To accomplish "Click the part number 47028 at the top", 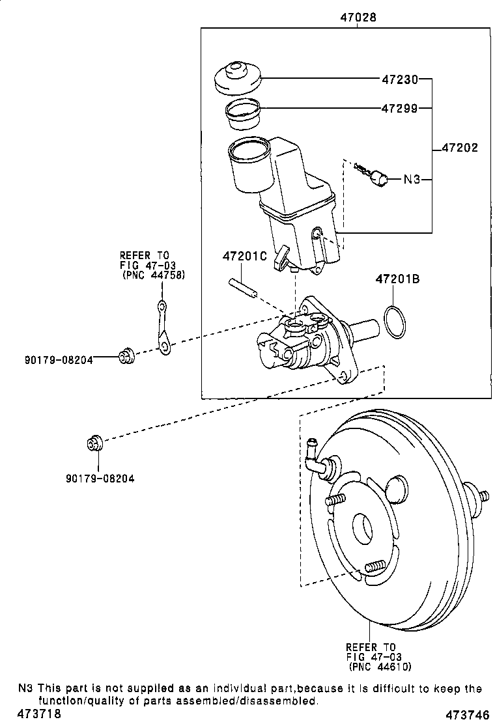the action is coord(358,17).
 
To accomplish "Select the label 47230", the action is coord(399,79).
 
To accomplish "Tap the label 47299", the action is coord(399,109).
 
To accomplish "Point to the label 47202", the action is coord(460,148).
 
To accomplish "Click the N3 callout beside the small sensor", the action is coord(412,179).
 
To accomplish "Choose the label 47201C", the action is coord(245,256).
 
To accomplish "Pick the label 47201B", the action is coord(397,279).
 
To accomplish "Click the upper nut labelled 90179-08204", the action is coord(126,355).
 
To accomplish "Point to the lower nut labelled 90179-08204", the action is coord(94,443).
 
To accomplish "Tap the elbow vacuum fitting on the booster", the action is coord(318,458).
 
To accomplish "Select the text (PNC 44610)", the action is coord(380,667).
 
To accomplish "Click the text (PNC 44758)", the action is coord(154,275).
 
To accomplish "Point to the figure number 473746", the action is coord(468,715).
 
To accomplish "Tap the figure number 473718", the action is coord(39,714).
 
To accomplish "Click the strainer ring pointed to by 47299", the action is coord(242,113).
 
